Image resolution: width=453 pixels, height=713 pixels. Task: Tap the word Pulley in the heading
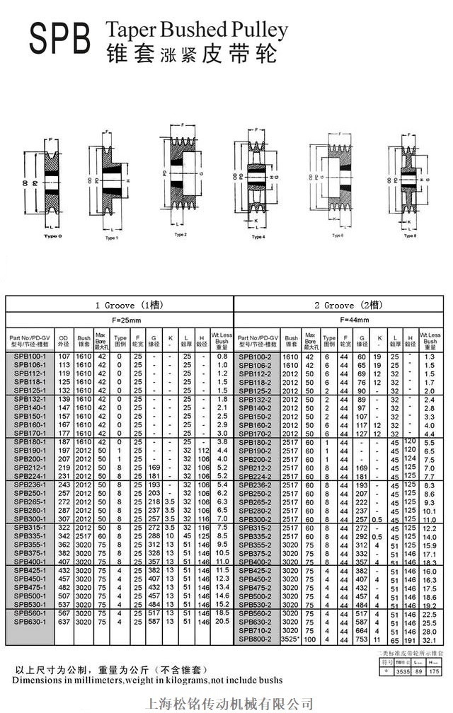(259, 30)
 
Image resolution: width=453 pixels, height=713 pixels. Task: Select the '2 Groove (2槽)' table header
(342, 306)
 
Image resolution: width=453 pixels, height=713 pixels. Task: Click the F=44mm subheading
(342, 319)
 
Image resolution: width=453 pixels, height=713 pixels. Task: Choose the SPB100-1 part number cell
(28, 356)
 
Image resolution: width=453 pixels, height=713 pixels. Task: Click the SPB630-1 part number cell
(28, 621)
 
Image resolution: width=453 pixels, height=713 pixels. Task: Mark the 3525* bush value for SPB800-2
(290, 639)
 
